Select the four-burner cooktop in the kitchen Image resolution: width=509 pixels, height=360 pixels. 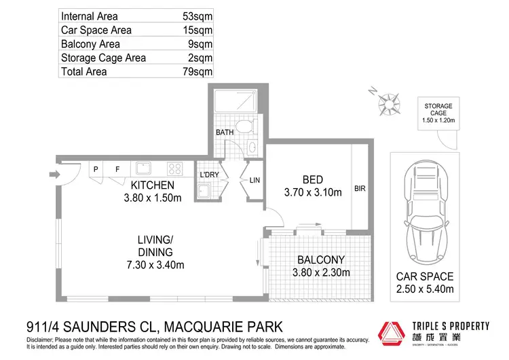174,169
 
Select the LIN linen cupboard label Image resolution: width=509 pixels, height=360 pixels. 254,180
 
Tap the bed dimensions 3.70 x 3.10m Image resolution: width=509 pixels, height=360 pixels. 312,193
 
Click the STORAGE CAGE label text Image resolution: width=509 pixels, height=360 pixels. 438,110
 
